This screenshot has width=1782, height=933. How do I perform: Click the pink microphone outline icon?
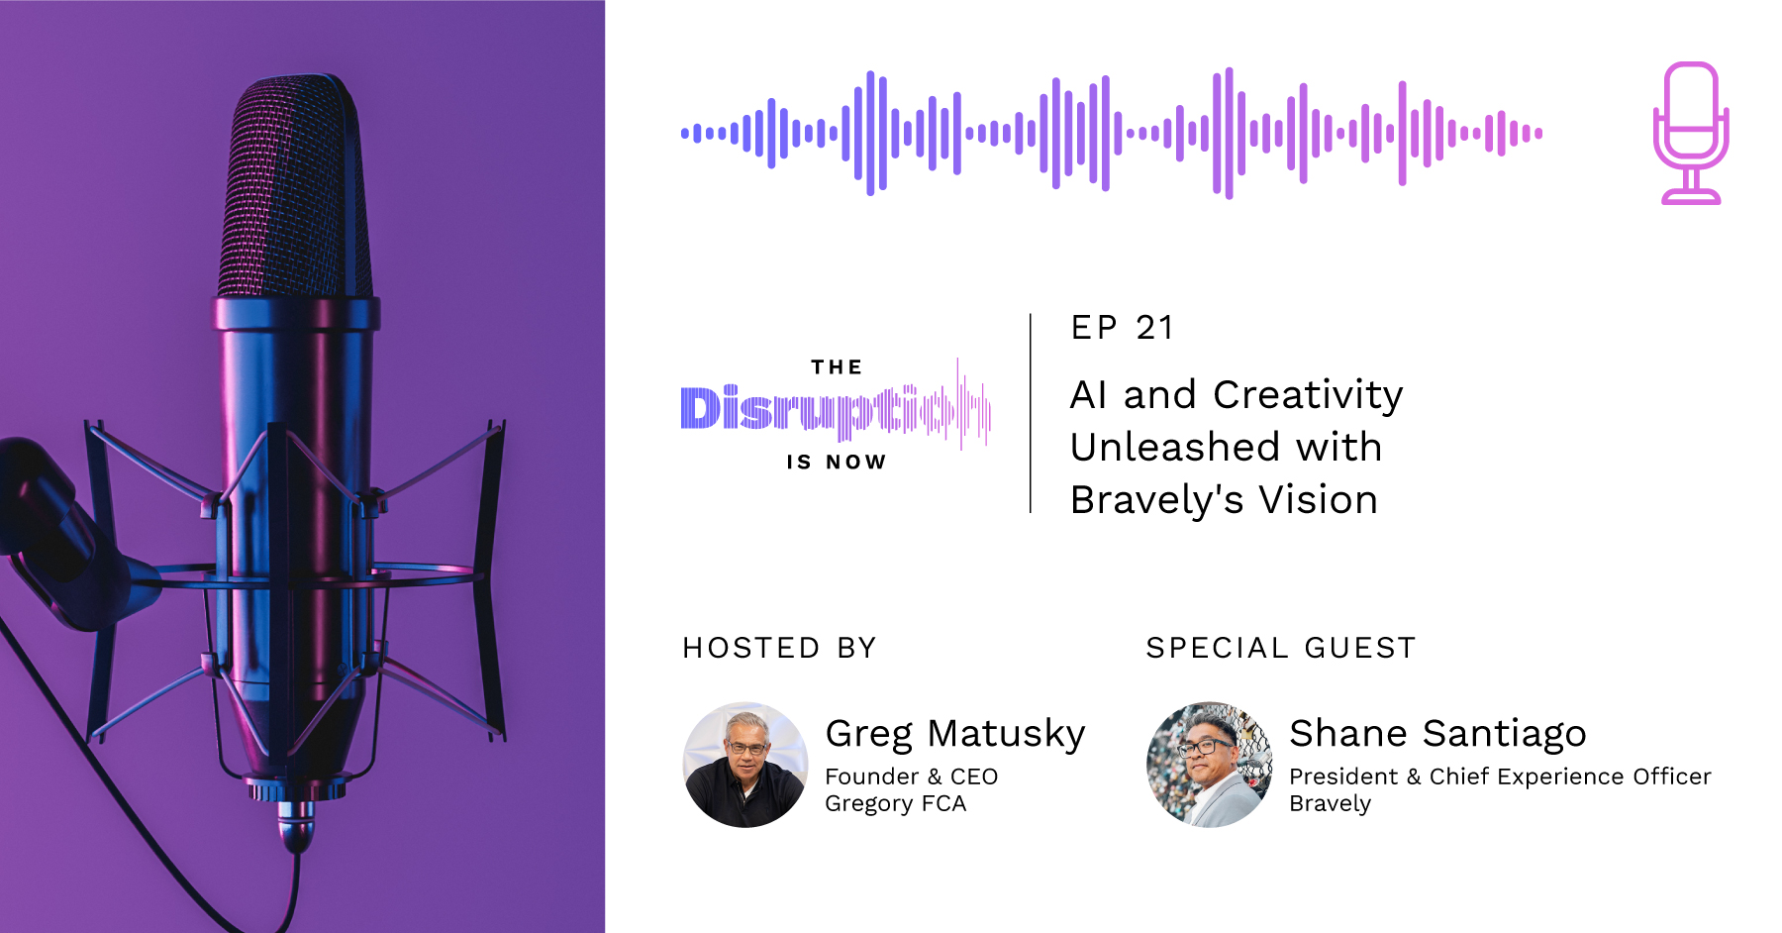(1691, 133)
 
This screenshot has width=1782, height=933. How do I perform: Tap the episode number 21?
(1154, 328)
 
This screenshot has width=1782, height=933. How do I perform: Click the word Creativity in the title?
(1308, 395)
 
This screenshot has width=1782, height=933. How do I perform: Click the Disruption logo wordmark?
(836, 406)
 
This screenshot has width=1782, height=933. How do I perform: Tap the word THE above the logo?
(837, 367)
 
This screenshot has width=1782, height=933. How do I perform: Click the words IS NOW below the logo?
(837, 462)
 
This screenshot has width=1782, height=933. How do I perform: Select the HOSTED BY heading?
(780, 648)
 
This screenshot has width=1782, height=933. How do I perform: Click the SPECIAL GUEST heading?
(1281, 648)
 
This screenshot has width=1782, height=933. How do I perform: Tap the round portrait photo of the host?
(745, 765)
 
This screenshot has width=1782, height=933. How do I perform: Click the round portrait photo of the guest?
(1209, 765)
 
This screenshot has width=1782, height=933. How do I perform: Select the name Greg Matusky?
(955, 734)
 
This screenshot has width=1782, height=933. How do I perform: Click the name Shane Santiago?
(1437, 734)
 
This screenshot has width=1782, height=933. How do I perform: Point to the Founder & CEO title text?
(911, 777)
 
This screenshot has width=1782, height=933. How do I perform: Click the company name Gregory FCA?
(895, 803)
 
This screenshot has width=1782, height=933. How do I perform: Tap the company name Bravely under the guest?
(1330, 803)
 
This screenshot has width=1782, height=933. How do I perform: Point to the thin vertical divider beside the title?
(1031, 413)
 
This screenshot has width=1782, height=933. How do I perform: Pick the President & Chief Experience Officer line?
(1500, 777)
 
